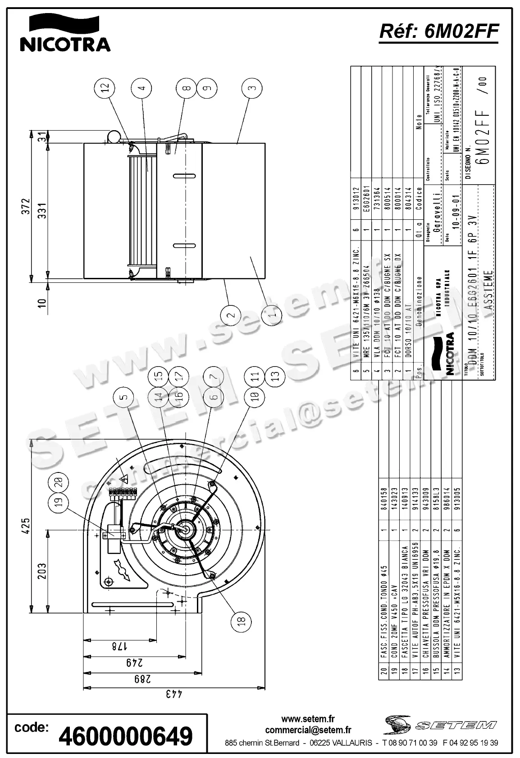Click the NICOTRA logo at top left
[x=65, y=32]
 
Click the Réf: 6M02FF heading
[x=439, y=31]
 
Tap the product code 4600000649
[x=126, y=736]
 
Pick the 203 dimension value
[x=41, y=572]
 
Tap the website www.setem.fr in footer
[x=308, y=719]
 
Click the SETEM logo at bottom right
[x=441, y=725]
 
